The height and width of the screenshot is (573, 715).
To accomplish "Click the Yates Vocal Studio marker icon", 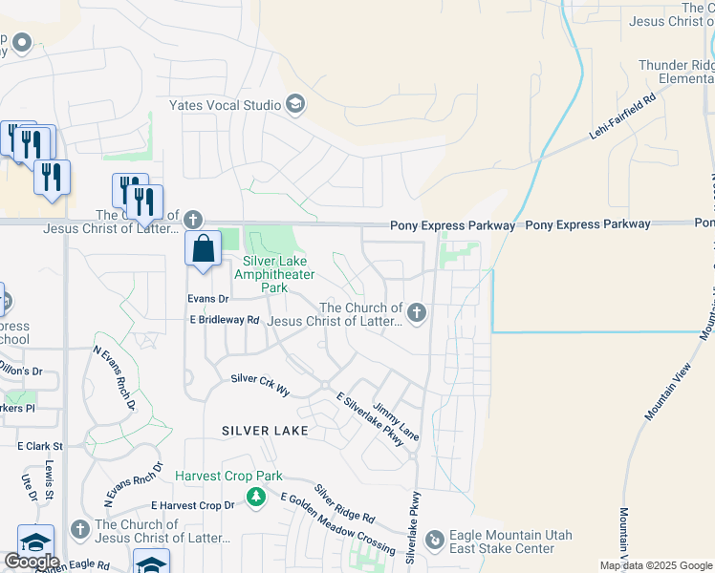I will [295, 105].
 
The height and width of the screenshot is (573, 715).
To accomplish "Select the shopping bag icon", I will [204, 250].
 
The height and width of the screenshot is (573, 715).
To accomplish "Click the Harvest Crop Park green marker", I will [255, 497].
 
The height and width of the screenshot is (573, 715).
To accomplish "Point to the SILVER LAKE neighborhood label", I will [265, 431].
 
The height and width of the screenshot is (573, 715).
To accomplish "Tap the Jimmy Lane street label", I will [396, 419].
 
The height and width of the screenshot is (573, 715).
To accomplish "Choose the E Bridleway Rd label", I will [224, 320].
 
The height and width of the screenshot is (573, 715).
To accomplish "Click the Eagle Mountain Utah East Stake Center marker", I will [435, 541].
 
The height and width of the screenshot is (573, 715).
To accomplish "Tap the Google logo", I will [32, 562].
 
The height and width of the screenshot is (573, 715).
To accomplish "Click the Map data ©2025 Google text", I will [656, 565].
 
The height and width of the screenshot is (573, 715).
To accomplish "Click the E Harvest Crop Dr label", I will [192, 504].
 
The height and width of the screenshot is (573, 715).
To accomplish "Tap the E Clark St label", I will [39, 446].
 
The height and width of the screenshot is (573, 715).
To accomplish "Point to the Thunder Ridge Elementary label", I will [676, 72].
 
